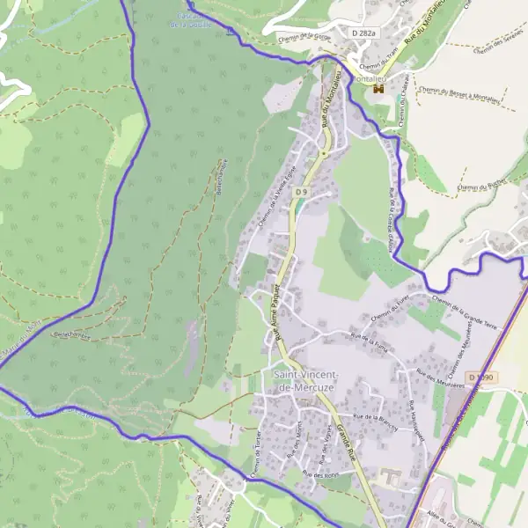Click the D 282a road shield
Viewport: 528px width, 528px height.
[x=363, y=33]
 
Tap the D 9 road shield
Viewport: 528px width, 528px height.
[x=302, y=191]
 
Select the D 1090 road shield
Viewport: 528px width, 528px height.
[x=482, y=378]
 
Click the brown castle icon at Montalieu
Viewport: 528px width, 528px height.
[x=379, y=89]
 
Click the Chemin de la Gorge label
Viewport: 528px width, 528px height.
[x=304, y=37]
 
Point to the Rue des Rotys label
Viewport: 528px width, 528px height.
[x=319, y=474]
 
